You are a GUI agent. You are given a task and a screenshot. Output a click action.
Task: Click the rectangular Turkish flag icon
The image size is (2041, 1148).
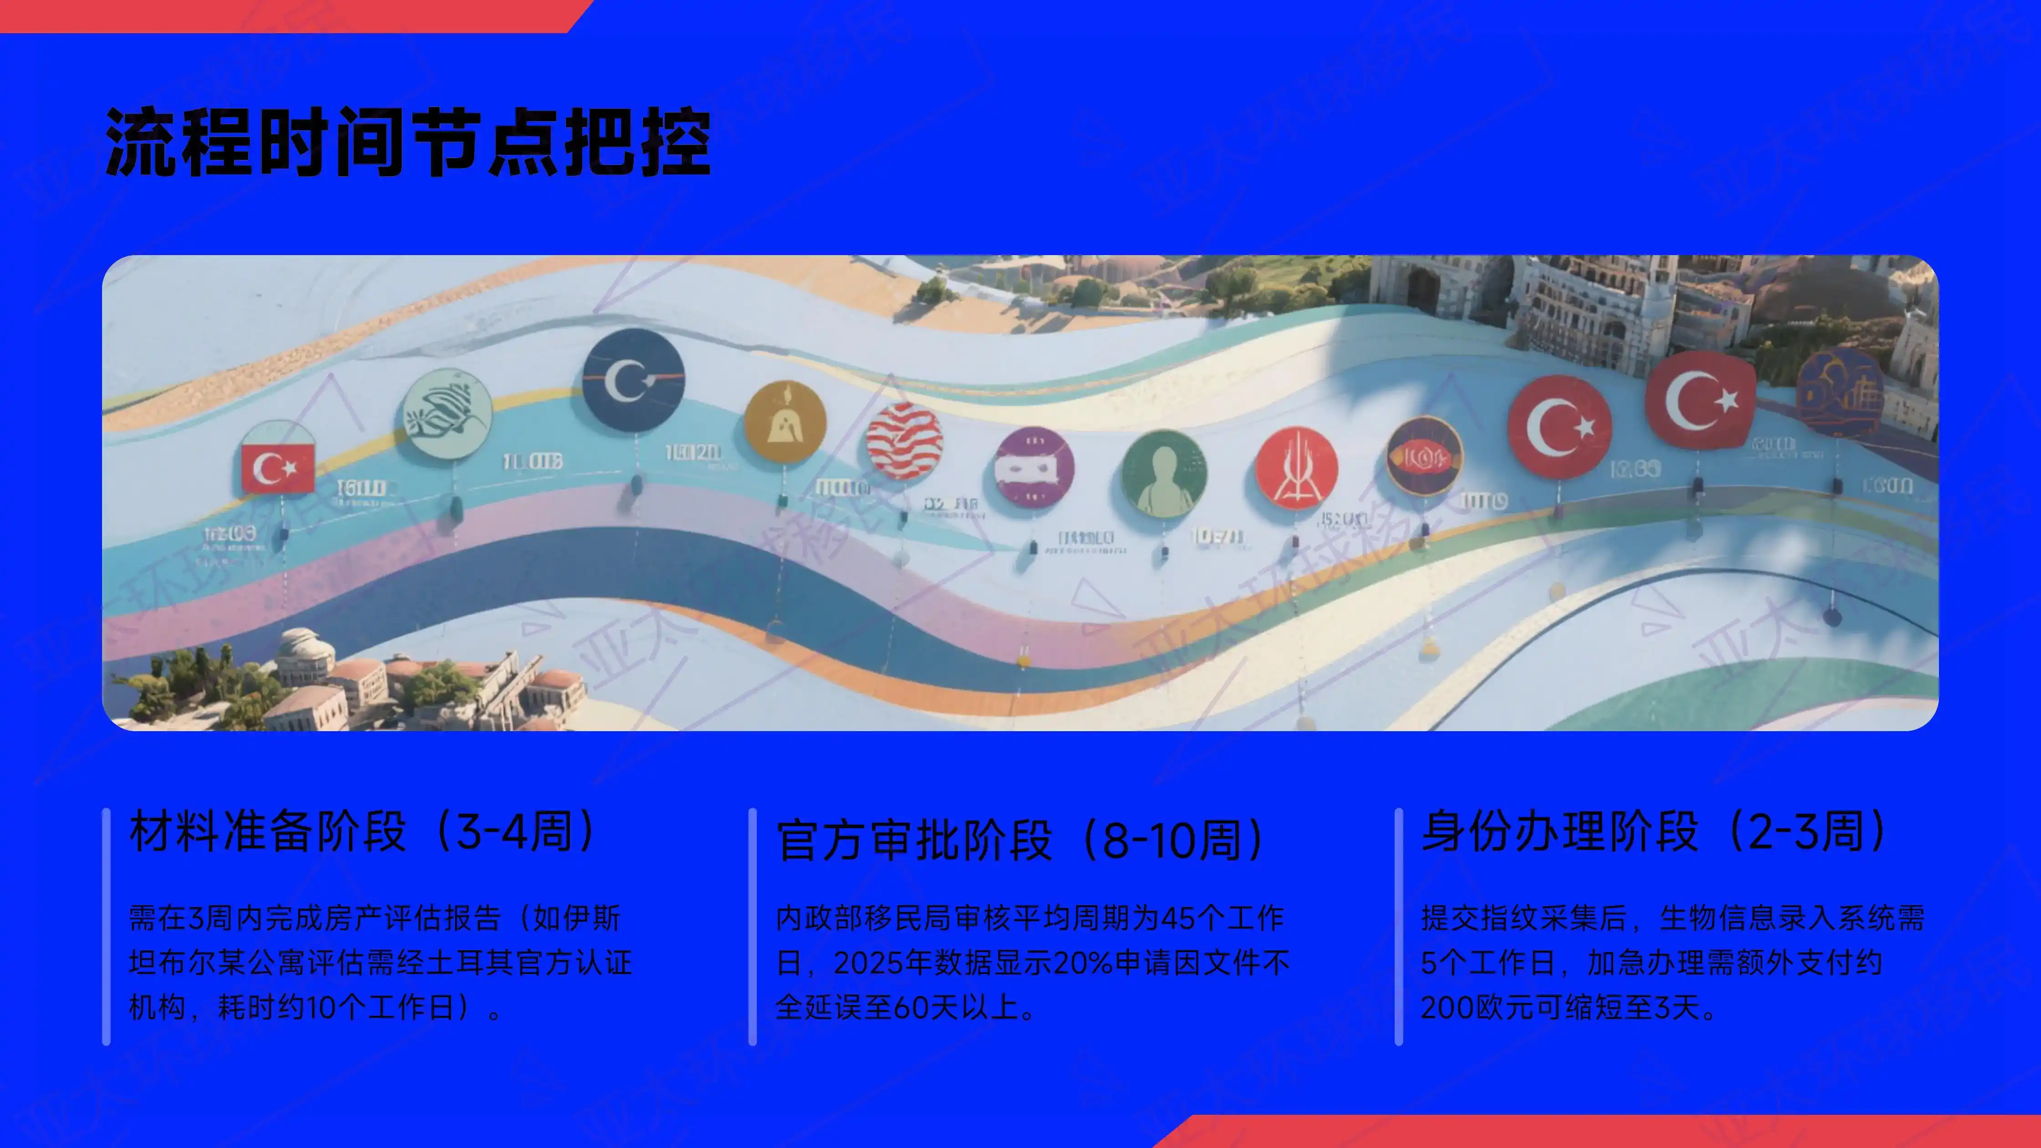point(278,467)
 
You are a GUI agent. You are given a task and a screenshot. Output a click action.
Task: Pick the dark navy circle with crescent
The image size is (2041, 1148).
point(633,380)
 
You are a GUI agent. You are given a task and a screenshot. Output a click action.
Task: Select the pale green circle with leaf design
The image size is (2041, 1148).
point(447,414)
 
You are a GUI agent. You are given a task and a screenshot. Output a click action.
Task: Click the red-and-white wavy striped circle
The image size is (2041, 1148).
point(904,441)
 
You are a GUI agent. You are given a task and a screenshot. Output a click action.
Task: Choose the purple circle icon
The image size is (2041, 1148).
point(1034,467)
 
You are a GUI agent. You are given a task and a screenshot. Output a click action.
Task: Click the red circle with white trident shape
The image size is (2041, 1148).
point(1296,467)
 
